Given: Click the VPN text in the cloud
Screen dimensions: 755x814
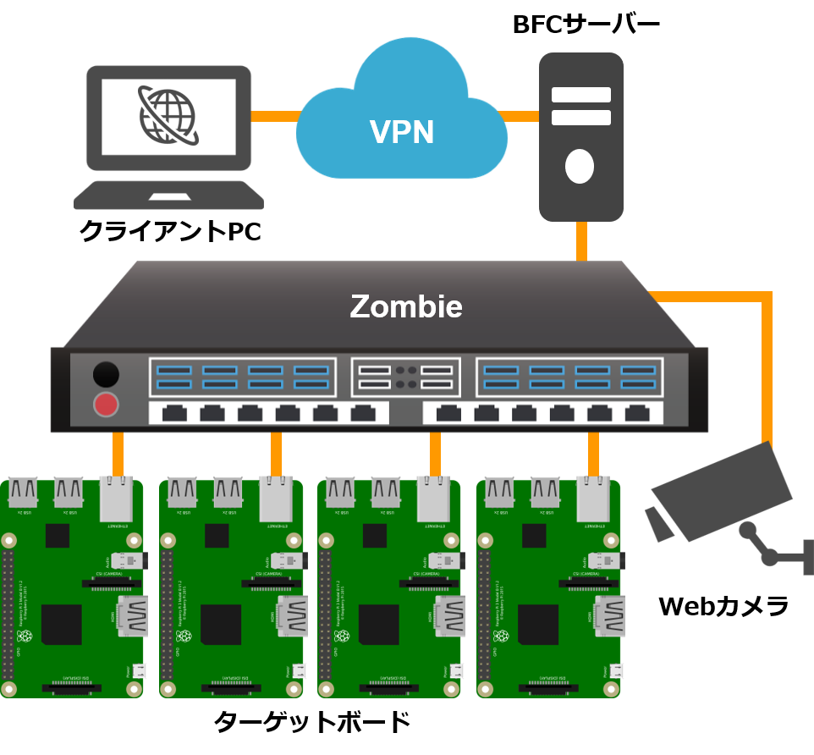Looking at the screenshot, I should click(402, 132).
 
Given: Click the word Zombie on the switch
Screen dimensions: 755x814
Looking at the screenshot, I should click(406, 306).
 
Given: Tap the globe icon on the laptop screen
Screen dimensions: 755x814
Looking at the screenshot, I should click(168, 116).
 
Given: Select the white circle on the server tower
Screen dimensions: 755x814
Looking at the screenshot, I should click(580, 166).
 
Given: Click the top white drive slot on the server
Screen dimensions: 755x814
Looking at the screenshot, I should click(581, 95).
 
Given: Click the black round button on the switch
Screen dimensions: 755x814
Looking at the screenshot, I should click(106, 374).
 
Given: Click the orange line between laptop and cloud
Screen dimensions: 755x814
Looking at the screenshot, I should click(275, 116).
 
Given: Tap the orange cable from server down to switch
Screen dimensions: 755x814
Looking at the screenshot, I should click(581, 241).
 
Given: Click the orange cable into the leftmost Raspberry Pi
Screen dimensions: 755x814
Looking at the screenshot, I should click(118, 454).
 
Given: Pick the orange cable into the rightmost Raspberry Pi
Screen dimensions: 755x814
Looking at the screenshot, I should click(593, 454).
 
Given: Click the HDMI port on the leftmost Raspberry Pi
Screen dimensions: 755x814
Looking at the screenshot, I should click(133, 615).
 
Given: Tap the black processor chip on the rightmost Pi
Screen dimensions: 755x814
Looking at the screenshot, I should click(538, 625).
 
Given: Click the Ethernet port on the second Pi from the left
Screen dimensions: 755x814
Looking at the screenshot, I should click(276, 499).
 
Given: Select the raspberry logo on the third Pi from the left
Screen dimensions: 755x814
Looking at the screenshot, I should click(343, 636).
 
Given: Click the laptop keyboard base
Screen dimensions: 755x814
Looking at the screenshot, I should click(168, 196).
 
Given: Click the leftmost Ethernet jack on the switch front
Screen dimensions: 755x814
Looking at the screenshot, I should click(174, 413).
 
